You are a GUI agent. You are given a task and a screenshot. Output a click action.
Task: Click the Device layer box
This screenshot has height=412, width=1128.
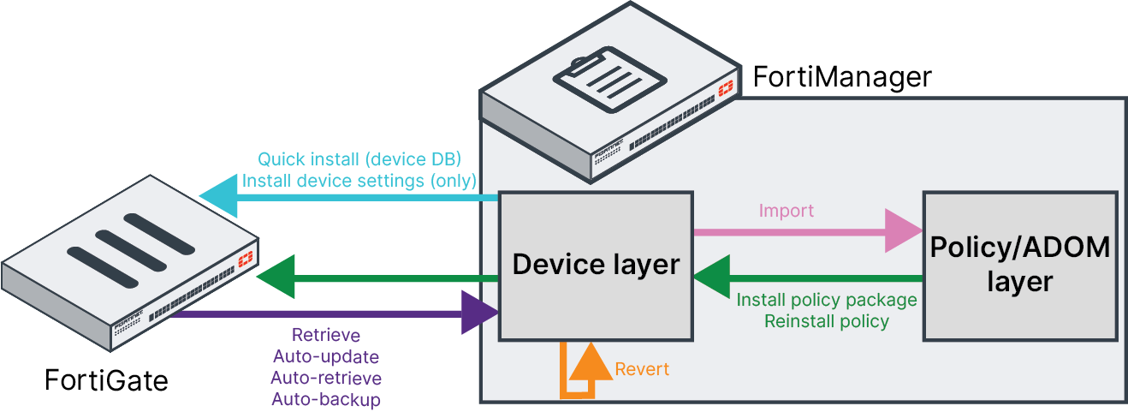(x=595, y=266)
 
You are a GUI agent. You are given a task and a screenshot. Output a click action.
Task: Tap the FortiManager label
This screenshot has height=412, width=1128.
(x=841, y=77)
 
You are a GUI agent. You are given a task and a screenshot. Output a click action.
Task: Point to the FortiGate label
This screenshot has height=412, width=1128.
(x=106, y=379)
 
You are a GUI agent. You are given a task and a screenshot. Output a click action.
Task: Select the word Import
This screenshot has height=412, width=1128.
(x=787, y=211)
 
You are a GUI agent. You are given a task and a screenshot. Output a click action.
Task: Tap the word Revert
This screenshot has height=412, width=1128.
(x=642, y=370)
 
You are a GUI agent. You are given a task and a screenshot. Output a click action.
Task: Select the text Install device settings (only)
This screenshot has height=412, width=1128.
(x=359, y=181)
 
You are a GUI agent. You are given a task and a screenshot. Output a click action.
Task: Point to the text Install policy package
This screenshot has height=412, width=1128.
(x=827, y=301)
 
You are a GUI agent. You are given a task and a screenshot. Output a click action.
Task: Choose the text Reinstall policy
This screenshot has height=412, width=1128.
(x=827, y=321)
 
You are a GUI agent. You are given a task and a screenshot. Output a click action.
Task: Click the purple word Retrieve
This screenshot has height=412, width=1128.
(x=326, y=335)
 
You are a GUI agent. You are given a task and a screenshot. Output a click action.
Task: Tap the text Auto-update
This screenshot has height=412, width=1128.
(x=325, y=356)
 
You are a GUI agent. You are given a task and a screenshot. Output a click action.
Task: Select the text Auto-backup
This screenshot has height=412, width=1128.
(x=326, y=399)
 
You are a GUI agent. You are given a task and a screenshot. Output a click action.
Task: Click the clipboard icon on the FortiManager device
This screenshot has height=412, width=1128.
(x=597, y=78)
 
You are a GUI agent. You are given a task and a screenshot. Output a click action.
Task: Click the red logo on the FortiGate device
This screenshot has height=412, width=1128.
(x=246, y=258)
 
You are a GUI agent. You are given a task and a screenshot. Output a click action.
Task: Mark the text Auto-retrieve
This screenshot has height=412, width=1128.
(x=326, y=378)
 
